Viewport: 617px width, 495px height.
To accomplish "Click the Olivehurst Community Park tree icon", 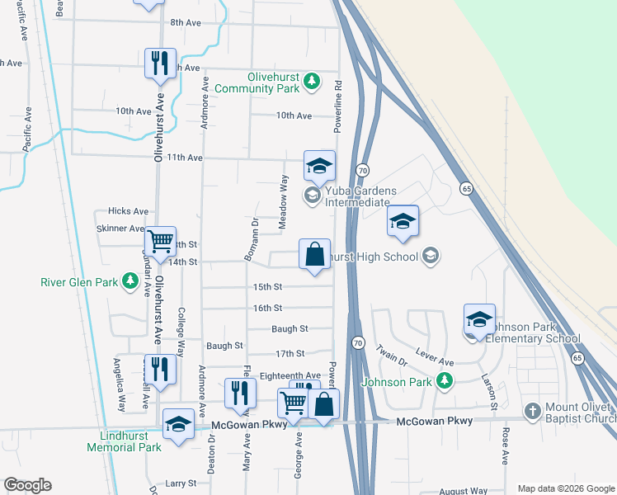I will pyautogui.click(x=311, y=80).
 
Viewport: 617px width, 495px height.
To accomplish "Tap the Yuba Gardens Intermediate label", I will pyautogui.click(x=361, y=196).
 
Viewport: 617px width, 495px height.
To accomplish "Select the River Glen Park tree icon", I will pyautogui.click(x=130, y=282).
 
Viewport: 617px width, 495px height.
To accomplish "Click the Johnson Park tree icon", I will pyautogui.click(x=445, y=381).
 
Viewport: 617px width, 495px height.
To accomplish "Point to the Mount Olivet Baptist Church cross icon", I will pyautogui.click(x=533, y=411).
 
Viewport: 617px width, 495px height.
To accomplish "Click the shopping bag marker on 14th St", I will pyautogui.click(x=314, y=254).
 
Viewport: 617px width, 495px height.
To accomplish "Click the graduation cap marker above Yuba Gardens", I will pyautogui.click(x=319, y=166).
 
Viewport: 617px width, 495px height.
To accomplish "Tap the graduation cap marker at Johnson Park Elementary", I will pyautogui.click(x=479, y=318).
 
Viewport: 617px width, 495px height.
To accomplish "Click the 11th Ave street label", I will pyautogui.click(x=185, y=157).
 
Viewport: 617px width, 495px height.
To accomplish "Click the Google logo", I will pyautogui.click(x=27, y=485).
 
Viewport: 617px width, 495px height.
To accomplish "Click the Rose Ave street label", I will pyautogui.click(x=505, y=445).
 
